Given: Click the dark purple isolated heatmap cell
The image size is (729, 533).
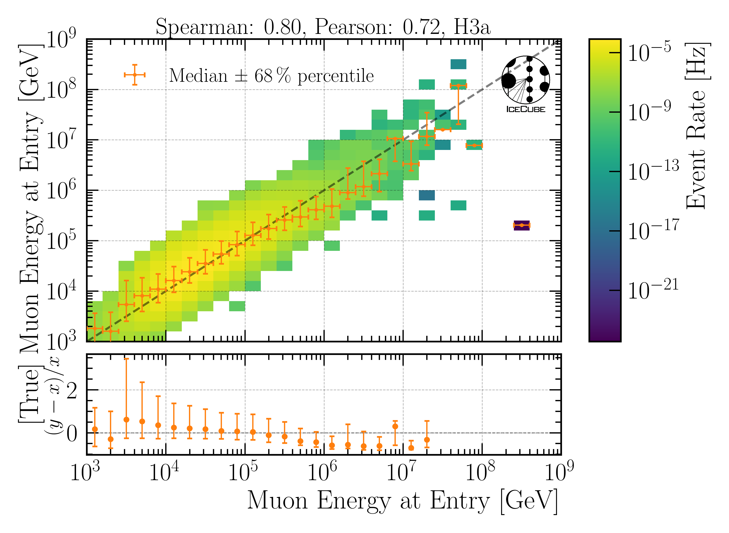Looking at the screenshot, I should click(x=521, y=225).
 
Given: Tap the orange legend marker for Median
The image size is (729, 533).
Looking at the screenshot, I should click(x=135, y=75).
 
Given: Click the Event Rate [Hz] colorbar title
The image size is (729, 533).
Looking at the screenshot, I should click(x=697, y=126).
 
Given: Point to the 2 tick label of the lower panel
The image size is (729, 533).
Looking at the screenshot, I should click(x=72, y=391).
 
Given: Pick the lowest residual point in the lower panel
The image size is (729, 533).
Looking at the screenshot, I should click(x=411, y=448).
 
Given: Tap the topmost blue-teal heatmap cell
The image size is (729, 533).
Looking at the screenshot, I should click(x=458, y=64).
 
